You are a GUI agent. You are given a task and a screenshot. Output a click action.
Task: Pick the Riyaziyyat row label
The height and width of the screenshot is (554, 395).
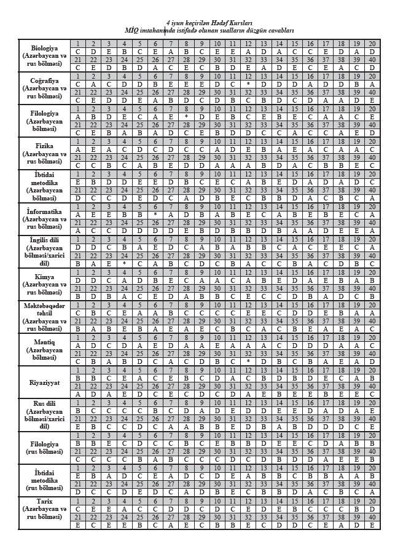coord(44,381)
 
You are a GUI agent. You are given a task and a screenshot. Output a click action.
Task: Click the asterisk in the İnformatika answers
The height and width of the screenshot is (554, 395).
coord(155,215)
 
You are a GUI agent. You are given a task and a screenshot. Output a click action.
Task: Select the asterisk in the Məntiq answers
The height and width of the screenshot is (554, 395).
coord(248,362)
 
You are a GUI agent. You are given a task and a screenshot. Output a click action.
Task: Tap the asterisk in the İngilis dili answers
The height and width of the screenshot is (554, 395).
coord(124,264)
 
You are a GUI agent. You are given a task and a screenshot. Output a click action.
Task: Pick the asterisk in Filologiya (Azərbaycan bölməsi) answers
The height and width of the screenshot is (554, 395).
coord(186,117)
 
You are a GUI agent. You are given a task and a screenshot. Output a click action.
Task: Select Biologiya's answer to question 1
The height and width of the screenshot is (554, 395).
coord(78,52)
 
